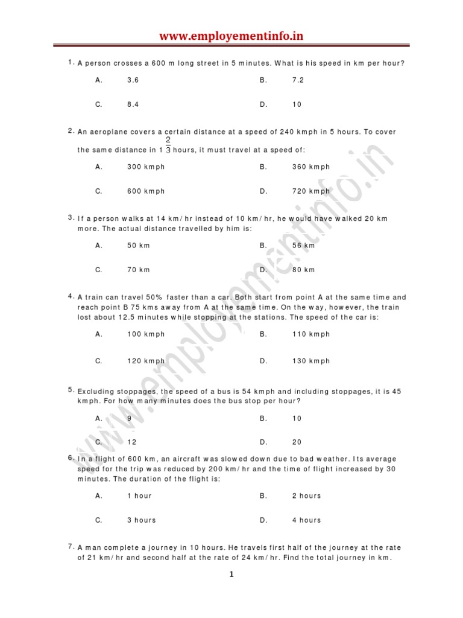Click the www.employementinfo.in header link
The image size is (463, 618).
231,36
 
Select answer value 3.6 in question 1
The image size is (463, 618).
133,80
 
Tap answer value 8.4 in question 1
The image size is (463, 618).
133,104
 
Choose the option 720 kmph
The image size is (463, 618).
311,191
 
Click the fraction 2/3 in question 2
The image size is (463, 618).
168,145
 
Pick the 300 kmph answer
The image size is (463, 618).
146,167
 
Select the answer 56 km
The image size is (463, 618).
303,246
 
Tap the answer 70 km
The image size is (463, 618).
138,270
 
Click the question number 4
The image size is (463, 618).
71,296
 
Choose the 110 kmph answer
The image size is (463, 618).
311,334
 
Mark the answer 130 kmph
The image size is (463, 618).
311,362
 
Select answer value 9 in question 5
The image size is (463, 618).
129,418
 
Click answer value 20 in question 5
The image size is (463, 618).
297,442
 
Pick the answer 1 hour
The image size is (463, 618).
139,496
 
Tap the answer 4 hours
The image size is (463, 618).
307,520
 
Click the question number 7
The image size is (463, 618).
71,546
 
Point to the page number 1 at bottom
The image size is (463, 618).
231,575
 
